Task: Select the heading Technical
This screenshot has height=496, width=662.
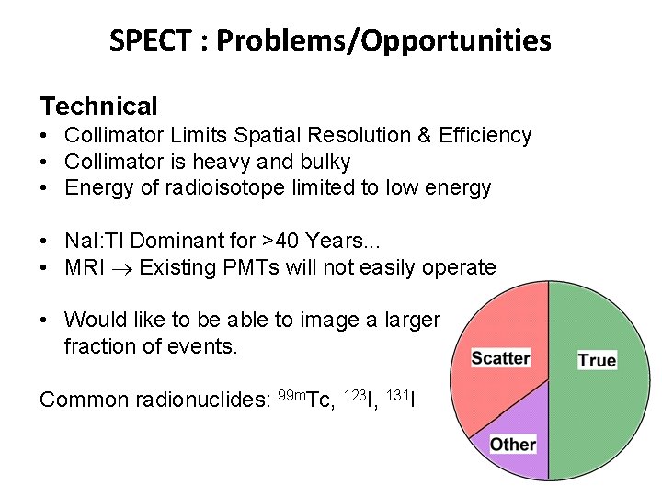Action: click(x=98, y=107)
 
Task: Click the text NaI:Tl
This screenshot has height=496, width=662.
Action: click(x=91, y=241)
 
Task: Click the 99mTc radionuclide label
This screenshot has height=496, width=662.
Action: click(x=304, y=399)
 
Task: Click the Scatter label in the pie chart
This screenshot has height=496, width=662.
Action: click(x=500, y=357)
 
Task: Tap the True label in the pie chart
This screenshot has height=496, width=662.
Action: click(x=597, y=360)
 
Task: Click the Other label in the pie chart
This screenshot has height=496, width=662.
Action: click(x=512, y=445)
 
